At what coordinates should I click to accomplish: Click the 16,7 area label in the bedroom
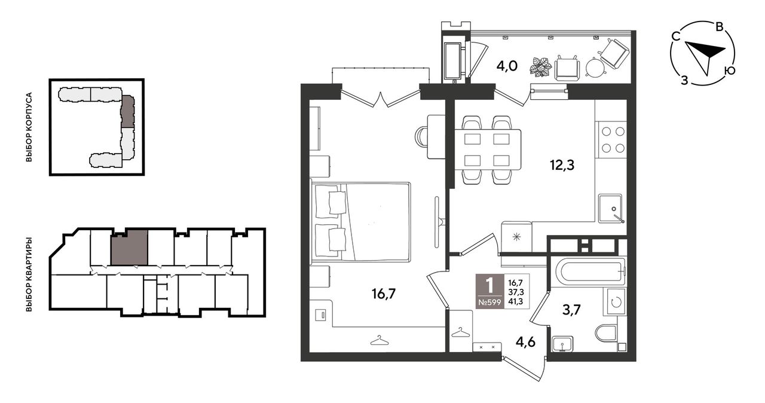(384, 294)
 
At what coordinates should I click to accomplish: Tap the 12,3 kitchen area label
(562, 165)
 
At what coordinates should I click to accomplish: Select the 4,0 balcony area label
(507, 66)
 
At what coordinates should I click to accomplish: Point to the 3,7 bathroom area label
(571, 310)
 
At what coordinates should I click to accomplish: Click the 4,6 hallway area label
(525, 342)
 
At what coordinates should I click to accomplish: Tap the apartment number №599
(489, 303)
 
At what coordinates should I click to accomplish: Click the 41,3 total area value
(516, 301)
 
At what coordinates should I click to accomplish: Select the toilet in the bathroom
(607, 332)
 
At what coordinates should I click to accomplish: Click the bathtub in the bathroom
(590, 271)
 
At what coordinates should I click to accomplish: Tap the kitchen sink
(610, 208)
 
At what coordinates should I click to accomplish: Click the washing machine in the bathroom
(616, 302)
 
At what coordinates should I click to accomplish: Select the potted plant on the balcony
(541, 67)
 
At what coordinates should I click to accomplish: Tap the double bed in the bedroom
(360, 222)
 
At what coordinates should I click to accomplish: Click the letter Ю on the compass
(730, 71)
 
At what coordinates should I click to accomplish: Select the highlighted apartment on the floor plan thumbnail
(130, 248)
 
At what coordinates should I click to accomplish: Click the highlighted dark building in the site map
(128, 111)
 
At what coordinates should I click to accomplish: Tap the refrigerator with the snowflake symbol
(516, 237)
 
